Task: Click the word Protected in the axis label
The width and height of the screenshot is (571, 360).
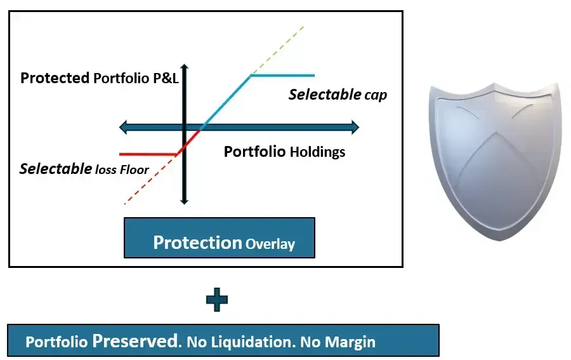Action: click(55, 77)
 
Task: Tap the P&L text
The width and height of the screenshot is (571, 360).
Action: click(166, 78)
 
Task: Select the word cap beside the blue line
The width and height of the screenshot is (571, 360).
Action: click(376, 95)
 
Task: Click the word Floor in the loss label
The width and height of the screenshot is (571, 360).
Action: click(135, 170)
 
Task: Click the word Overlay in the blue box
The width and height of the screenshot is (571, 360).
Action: click(270, 244)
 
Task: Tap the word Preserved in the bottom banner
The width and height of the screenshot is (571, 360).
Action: click(136, 341)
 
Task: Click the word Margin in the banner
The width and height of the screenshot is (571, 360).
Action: click(350, 342)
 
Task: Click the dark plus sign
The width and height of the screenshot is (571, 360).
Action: click(217, 300)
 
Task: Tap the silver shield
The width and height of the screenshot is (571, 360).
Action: click(494, 161)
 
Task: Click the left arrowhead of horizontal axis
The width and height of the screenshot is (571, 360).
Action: click(124, 127)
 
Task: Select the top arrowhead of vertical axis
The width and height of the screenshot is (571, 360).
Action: click(184, 67)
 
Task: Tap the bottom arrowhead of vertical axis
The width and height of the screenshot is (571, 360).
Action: click(184, 201)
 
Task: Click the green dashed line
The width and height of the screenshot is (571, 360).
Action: click(277, 51)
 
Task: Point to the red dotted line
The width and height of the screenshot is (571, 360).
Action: click(151, 179)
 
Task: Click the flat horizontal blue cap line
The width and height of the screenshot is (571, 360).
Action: click(283, 76)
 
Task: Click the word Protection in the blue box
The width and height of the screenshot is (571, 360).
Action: click(198, 243)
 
